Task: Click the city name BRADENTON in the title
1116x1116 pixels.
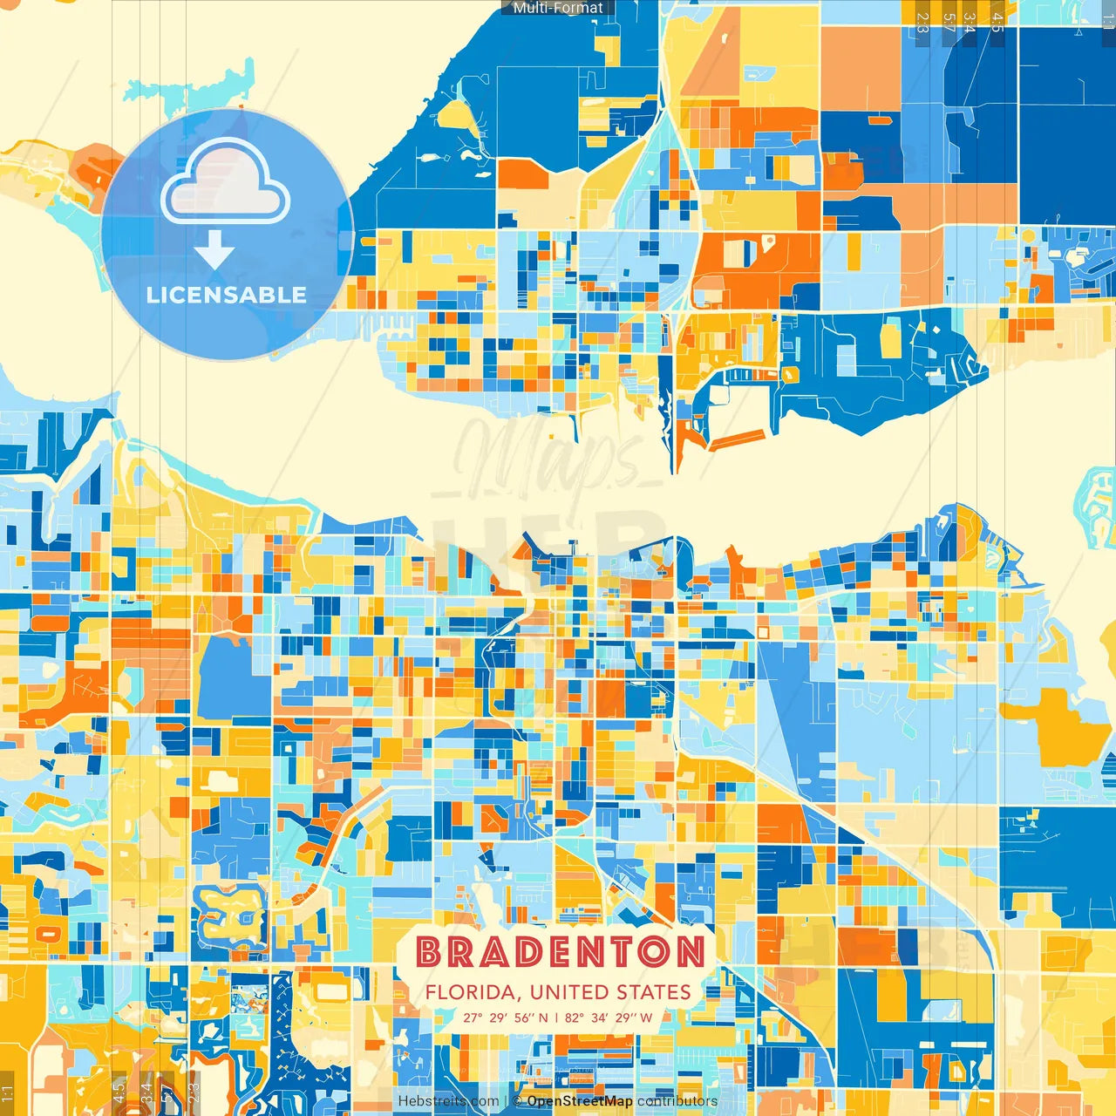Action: (560, 952)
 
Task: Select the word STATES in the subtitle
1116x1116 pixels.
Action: (653, 992)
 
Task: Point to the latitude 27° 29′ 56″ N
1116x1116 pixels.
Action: (506, 1017)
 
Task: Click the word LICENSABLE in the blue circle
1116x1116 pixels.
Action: (227, 295)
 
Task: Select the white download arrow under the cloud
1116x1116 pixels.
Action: (214, 250)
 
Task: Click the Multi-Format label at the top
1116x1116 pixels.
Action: (558, 8)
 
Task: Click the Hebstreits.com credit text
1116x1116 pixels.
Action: (448, 1101)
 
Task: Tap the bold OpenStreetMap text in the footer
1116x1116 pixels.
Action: (580, 1101)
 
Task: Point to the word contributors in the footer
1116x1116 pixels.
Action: (677, 1101)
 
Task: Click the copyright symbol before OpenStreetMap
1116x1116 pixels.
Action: (518, 1101)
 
